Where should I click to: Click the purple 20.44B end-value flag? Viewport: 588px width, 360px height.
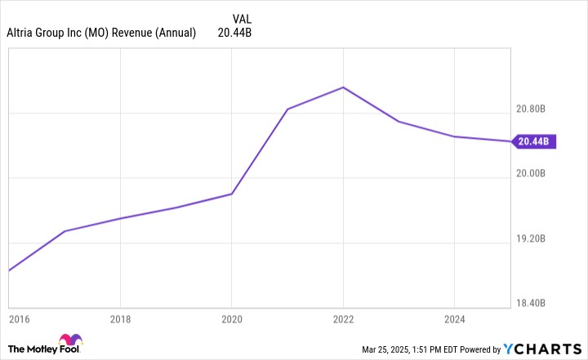tap(533, 141)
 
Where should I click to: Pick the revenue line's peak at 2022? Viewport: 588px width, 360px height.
tap(343, 87)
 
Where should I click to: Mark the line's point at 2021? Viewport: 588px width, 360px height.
tap(287, 109)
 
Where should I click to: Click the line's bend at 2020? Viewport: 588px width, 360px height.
tap(232, 194)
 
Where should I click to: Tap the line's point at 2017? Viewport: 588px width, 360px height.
tap(65, 231)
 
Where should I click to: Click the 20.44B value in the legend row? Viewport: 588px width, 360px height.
tap(234, 33)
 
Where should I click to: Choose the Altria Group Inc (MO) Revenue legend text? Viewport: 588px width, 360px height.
tap(101, 33)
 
